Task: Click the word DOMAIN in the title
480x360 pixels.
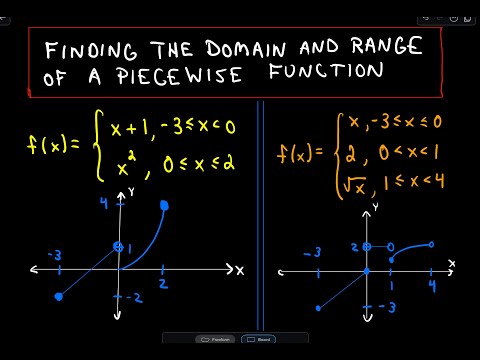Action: click(x=246, y=49)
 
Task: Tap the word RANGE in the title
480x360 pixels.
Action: click(x=387, y=46)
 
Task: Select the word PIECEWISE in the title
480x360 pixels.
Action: click(x=179, y=75)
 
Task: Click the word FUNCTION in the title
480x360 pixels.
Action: click(x=326, y=71)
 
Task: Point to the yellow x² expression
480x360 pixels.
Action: click(x=127, y=165)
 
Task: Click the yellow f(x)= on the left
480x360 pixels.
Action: click(x=53, y=146)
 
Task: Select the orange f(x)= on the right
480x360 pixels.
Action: click(x=300, y=154)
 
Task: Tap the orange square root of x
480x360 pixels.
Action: click(x=355, y=185)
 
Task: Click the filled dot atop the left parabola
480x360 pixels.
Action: click(x=164, y=206)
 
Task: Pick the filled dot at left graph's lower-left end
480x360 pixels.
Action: click(x=59, y=296)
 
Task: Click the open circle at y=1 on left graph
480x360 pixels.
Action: click(x=118, y=247)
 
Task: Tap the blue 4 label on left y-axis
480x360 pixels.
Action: click(x=104, y=203)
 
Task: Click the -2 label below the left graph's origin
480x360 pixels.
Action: click(x=135, y=298)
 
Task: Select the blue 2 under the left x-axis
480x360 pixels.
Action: click(x=163, y=284)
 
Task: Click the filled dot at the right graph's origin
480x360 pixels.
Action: click(x=367, y=271)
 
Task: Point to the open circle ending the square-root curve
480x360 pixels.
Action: click(x=431, y=245)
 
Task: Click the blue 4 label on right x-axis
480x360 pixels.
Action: click(x=432, y=286)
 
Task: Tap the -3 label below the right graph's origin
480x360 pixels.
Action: click(x=387, y=307)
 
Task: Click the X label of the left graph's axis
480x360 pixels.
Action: click(x=240, y=270)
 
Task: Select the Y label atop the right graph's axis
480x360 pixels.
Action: click(x=376, y=207)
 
